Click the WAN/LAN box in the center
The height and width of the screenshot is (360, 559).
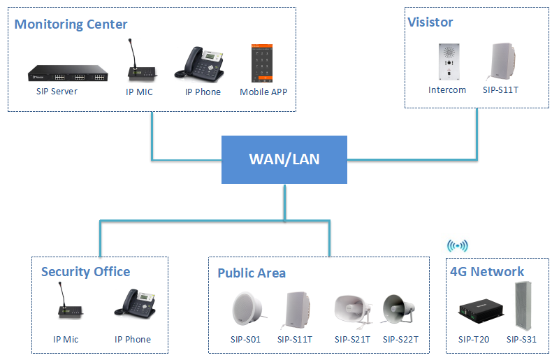click(284, 159)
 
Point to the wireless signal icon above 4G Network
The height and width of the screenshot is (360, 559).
click(458, 246)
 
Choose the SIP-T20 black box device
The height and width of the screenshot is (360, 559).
click(473, 312)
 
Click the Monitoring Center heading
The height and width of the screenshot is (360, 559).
click(71, 24)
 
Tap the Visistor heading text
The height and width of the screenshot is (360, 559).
click(430, 22)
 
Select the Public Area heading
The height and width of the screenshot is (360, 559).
click(252, 273)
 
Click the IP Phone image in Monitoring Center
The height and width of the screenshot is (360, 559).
click(203, 64)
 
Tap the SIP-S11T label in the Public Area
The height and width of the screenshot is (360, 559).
click(295, 340)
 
